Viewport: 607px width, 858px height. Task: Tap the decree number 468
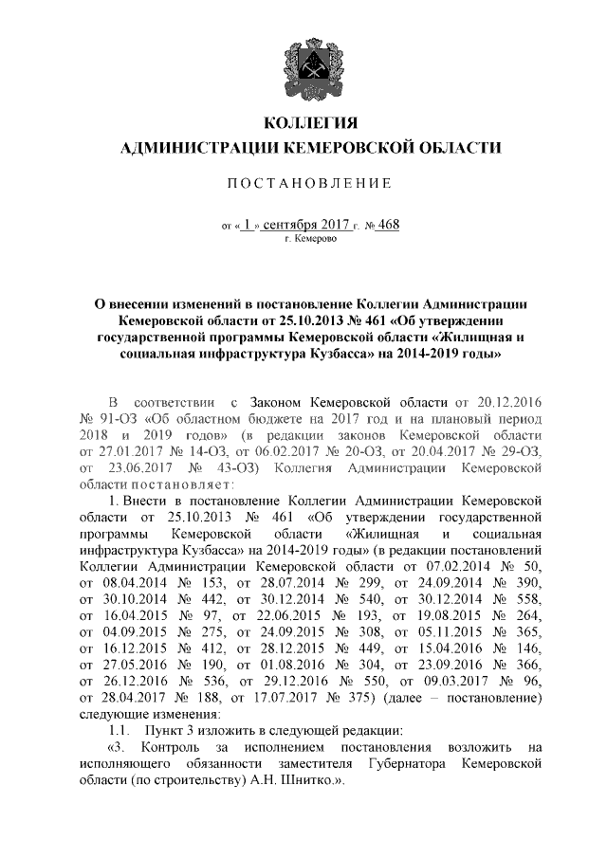pyautogui.click(x=388, y=225)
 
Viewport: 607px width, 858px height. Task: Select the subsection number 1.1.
pyautogui.click(x=119, y=730)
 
